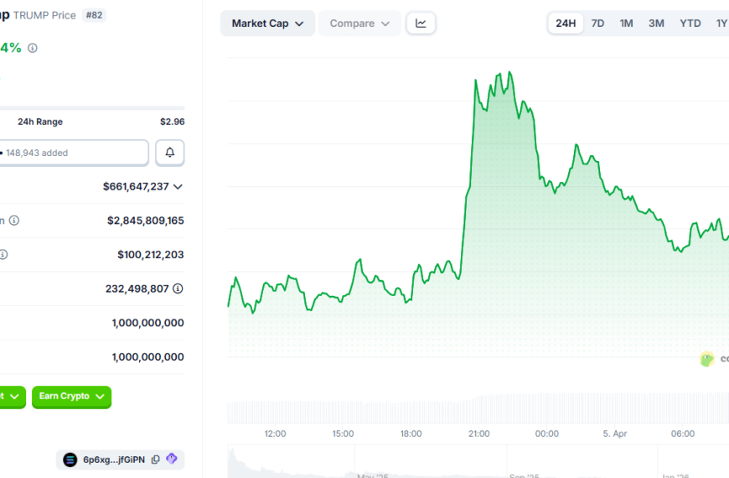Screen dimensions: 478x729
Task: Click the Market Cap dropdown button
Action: (267, 23)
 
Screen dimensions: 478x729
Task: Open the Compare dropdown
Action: (359, 23)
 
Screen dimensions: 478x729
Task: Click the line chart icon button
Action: (421, 23)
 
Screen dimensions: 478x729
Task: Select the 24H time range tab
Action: (566, 23)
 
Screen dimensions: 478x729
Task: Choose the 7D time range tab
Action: (597, 23)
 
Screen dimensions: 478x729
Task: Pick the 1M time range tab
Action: (626, 23)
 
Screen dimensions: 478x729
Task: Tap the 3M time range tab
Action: (656, 23)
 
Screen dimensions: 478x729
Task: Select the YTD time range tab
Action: (690, 23)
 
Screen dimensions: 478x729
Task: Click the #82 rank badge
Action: (94, 15)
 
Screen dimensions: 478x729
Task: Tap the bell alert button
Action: (170, 153)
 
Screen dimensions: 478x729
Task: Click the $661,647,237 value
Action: (136, 186)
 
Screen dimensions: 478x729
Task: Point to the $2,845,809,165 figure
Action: (145, 221)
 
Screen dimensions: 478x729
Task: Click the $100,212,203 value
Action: (150, 254)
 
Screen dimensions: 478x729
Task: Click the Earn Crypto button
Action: (71, 397)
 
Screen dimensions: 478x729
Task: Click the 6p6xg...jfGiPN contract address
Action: (113, 460)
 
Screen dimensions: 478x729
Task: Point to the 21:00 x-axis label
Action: (478, 434)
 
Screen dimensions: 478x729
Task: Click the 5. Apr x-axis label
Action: (614, 434)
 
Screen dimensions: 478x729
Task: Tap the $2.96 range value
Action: (172, 122)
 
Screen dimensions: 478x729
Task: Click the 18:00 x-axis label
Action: (411, 434)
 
